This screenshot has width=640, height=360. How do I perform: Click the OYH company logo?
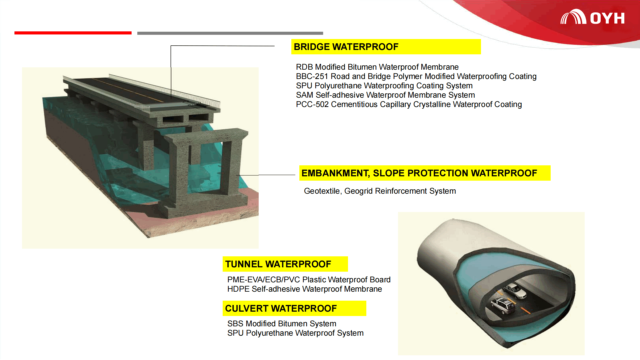pyautogui.click(x=592, y=17)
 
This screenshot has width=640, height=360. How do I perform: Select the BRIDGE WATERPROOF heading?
pyautogui.click(x=346, y=47)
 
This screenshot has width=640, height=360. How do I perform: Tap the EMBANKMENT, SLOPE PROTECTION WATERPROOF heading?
pyautogui.click(x=419, y=173)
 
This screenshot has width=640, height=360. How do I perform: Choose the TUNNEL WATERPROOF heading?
pyautogui.click(x=278, y=264)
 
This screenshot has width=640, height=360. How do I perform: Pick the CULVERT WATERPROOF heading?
pyautogui.click(x=281, y=308)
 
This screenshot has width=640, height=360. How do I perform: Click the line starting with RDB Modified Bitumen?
pyautogui.click(x=377, y=67)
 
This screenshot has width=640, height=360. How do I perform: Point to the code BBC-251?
pyautogui.click(x=312, y=76)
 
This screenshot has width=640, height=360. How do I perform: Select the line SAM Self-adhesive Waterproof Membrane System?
pyautogui.click(x=385, y=95)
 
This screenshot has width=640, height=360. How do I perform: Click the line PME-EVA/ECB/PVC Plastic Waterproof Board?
pyautogui.click(x=309, y=280)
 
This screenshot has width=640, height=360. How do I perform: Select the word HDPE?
pyautogui.click(x=238, y=289)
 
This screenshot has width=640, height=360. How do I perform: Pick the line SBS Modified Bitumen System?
pyautogui.click(x=282, y=324)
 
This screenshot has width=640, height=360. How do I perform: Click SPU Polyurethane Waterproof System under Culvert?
pyautogui.click(x=295, y=333)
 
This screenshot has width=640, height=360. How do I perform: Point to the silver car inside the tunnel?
pyautogui.click(x=515, y=291)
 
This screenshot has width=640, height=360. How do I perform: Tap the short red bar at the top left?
pyautogui.click(x=73, y=33)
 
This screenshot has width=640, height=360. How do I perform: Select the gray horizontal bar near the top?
pyautogui.click(x=230, y=33)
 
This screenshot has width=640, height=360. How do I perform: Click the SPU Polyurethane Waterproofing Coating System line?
pyautogui.click(x=384, y=86)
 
